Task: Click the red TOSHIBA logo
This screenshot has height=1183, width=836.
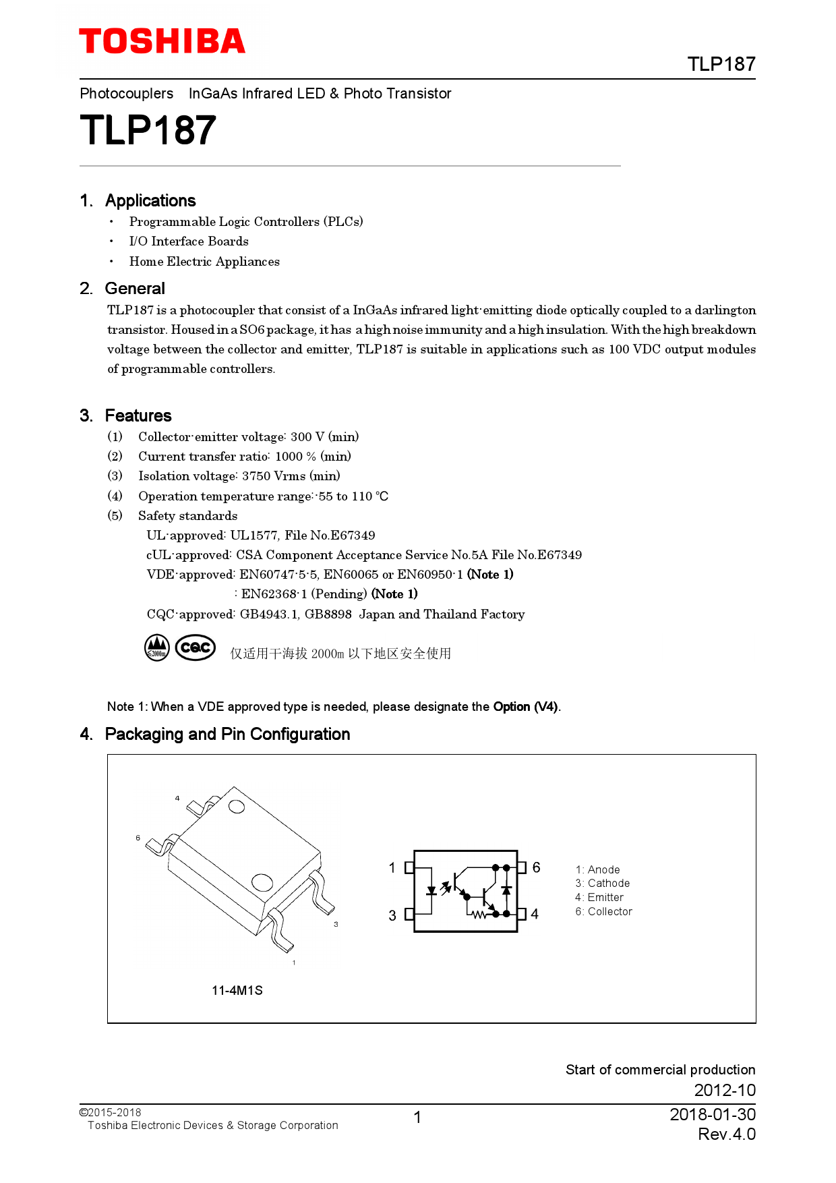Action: pos(162,41)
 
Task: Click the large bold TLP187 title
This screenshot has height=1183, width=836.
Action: pos(148,130)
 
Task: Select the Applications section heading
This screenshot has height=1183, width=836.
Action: pos(150,201)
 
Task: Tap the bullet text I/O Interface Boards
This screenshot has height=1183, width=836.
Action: pos(189,241)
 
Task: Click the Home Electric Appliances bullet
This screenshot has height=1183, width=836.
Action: pos(204,262)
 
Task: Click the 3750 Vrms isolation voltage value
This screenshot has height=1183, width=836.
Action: pos(274,476)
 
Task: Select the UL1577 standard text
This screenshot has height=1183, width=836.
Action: pos(253,536)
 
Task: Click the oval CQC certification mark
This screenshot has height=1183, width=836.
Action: pos(196,647)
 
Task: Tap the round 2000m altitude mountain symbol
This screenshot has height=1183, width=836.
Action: pos(157,647)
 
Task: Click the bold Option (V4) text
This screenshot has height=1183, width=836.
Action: pos(525,707)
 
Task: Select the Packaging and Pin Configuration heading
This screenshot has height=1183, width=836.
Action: pos(227,734)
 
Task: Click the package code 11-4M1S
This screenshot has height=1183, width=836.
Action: pos(237,991)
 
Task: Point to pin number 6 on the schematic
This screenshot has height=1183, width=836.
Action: pos(536,868)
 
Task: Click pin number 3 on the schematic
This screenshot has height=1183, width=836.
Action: pos(392,916)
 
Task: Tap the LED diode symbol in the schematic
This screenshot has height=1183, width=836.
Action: pos(431,891)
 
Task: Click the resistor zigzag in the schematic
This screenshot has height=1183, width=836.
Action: pos(479,915)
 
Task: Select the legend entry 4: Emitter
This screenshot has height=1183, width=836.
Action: pos(599,898)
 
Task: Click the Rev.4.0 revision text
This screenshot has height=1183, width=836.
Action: pos(726,1134)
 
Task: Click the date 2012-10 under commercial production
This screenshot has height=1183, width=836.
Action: pos(725,1091)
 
